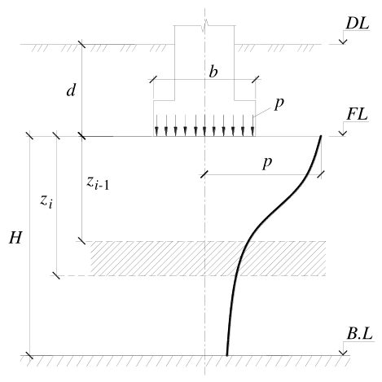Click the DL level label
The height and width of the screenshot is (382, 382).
pyautogui.click(x=358, y=24)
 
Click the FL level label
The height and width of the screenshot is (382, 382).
pyautogui.click(x=358, y=115)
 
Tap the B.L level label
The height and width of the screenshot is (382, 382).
pyautogui.click(x=359, y=334)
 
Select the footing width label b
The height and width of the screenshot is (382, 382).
pyautogui.click(x=213, y=72)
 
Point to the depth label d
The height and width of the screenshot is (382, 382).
pyautogui.click(x=71, y=90)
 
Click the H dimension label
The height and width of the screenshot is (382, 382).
pyautogui.click(x=15, y=238)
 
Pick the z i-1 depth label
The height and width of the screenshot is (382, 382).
pyautogui.click(x=98, y=182)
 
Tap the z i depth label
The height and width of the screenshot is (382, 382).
pyautogui.click(x=46, y=202)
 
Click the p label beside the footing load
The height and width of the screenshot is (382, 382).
pyautogui.click(x=279, y=103)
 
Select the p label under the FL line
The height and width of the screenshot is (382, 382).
pyautogui.click(x=267, y=163)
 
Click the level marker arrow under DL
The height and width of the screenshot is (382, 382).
pyautogui.click(x=343, y=37)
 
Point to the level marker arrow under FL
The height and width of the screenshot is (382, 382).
pyautogui.click(x=343, y=129)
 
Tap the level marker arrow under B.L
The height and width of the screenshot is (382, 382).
pyautogui.click(x=344, y=348)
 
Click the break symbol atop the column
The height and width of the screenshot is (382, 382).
pyautogui.click(x=205, y=27)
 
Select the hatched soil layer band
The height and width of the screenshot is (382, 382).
pyautogui.click(x=209, y=258)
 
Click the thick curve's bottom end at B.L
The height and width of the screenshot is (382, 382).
pyautogui.click(x=227, y=355)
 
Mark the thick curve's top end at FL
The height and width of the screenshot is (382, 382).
pyautogui.click(x=321, y=137)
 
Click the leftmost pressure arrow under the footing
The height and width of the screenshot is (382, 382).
pyautogui.click(x=156, y=125)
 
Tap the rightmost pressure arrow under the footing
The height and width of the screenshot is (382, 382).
pyautogui.click(x=252, y=125)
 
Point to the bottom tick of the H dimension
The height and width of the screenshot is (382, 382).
pyautogui.click(x=29, y=355)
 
